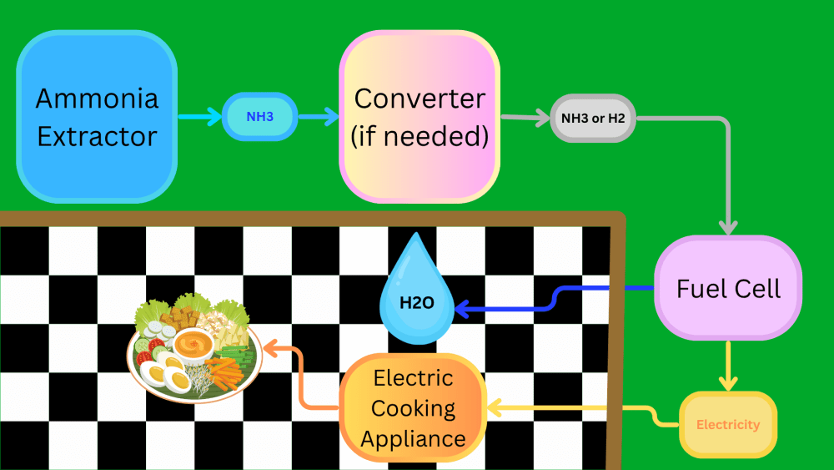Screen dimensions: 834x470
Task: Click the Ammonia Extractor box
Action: click(x=97, y=117)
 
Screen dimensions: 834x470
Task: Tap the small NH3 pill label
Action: click(x=259, y=117)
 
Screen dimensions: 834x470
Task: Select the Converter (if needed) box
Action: click(x=420, y=117)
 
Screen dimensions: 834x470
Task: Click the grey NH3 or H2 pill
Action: click(x=592, y=119)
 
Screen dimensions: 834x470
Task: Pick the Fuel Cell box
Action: click(x=728, y=288)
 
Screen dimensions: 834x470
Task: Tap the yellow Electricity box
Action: click(x=728, y=424)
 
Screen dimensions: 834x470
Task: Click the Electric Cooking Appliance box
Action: click(x=414, y=408)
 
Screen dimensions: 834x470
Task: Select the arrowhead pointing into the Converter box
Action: click(x=332, y=117)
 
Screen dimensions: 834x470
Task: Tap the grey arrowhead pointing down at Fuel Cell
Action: click(x=728, y=227)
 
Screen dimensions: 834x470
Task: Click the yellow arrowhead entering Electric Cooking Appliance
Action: click(x=495, y=408)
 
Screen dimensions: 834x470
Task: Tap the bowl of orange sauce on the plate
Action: click(x=193, y=345)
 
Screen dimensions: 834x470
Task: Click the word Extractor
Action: click(x=97, y=136)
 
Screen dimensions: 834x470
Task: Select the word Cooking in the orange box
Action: click(x=414, y=409)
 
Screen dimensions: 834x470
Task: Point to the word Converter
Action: click(x=420, y=99)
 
